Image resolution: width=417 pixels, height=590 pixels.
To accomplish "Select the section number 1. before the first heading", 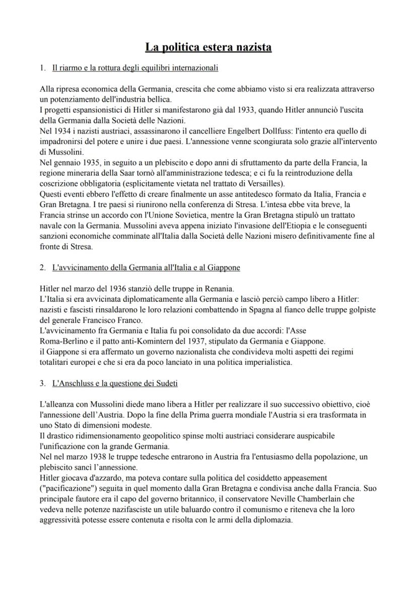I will click(43, 67).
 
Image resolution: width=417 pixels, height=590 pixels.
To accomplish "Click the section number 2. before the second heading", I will click(43, 268).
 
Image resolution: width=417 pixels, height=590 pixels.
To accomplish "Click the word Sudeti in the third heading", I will click(166, 383).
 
